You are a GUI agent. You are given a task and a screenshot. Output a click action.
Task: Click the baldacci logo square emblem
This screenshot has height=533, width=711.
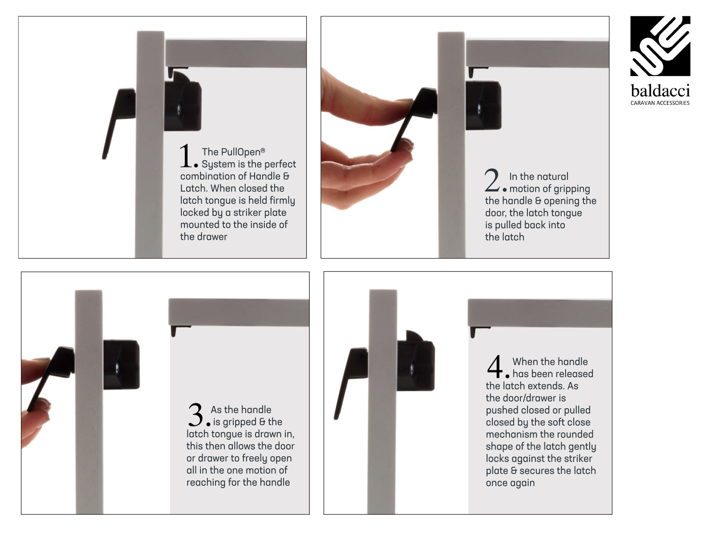[x=660, y=46]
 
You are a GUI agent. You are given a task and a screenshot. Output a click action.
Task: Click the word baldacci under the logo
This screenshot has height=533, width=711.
[x=660, y=91]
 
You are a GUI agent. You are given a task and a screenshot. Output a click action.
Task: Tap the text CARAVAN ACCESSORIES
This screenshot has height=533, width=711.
[x=660, y=103]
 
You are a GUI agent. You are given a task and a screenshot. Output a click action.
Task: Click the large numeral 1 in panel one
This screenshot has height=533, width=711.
[x=186, y=156]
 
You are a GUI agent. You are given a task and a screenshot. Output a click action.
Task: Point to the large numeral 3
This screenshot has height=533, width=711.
[x=196, y=415]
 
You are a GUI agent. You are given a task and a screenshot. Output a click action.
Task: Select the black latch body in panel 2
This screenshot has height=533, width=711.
[x=483, y=105]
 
